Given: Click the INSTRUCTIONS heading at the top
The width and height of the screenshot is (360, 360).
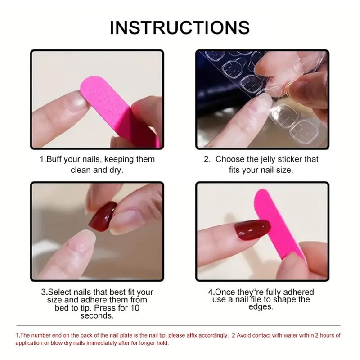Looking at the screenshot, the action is point(180,28).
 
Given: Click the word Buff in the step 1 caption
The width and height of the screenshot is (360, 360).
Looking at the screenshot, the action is point(54,159).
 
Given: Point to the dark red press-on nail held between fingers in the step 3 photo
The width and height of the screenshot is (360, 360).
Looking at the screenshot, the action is point(103,216).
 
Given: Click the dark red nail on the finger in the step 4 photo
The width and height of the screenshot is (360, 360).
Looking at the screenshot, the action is point(252,230).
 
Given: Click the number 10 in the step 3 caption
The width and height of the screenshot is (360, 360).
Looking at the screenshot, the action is point(135,308).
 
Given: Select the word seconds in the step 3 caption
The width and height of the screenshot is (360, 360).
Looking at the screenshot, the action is point(97,315).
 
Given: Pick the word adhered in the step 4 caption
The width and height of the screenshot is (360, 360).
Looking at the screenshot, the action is point(298,292).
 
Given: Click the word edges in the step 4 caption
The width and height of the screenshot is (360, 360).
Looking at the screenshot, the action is point(261,307).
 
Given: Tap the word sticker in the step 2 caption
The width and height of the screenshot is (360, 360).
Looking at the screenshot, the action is point(290,159).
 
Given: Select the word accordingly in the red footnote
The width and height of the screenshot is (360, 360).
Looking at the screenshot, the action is point(213,335).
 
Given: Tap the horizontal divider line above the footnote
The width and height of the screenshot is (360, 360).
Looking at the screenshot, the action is point(178,325).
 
